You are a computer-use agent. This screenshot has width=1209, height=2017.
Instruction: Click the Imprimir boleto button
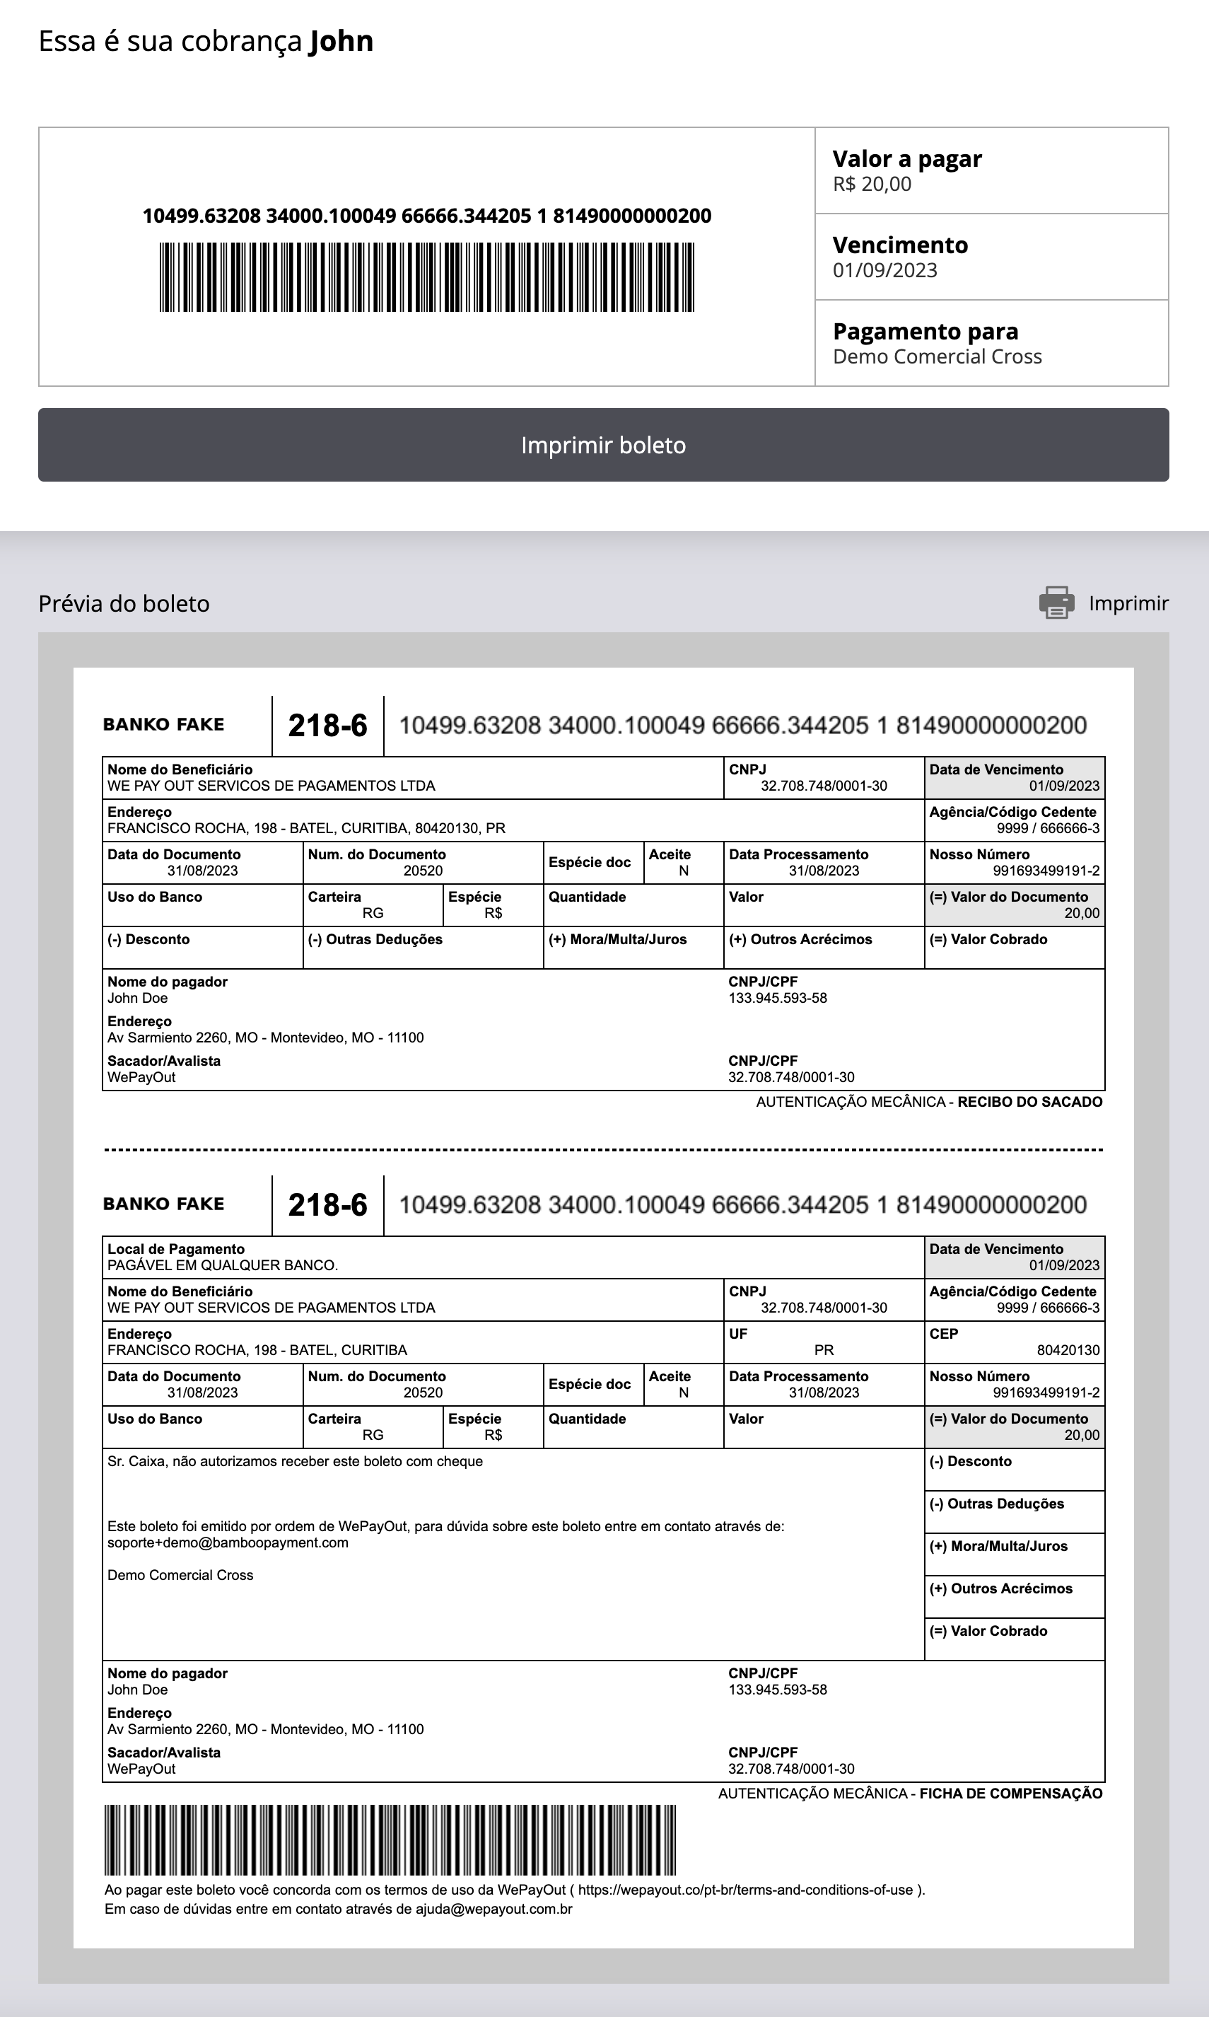604,445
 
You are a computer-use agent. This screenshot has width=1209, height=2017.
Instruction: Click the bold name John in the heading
341,41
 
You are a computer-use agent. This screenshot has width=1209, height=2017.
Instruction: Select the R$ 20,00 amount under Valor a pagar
872,184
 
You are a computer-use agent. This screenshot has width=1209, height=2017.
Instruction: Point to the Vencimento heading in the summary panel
900,245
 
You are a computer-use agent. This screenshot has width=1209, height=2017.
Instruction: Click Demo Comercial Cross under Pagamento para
937,357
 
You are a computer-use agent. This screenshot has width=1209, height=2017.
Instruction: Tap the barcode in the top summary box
426,277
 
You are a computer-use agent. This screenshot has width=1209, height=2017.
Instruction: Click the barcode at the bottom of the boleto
390,1839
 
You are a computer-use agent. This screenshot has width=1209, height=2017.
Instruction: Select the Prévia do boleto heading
124,604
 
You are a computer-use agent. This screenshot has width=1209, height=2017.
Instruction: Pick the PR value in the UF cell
824,1349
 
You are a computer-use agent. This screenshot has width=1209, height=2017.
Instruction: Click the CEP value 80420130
1068,1350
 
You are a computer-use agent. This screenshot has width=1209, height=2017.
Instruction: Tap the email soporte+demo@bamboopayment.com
228,1542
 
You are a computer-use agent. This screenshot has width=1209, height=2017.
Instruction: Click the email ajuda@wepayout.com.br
493,1909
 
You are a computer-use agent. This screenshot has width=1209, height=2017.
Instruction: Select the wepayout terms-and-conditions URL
745,1890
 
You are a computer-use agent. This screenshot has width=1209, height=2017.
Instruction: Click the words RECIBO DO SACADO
1029,1102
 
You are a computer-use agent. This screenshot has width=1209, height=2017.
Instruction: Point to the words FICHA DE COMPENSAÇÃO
1011,1793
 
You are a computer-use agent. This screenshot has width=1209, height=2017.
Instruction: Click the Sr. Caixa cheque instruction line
295,1461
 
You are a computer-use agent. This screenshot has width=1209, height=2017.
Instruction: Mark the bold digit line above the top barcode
426,216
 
